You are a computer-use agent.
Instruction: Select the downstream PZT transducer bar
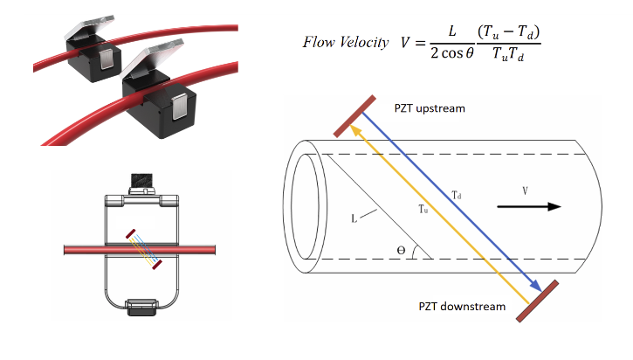pos(538,302)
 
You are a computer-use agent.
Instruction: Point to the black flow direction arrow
pos(530,207)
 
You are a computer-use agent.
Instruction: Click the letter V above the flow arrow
pos(525,189)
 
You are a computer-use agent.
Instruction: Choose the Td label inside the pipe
pos(457,197)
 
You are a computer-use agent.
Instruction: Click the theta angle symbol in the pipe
pos(401,250)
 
